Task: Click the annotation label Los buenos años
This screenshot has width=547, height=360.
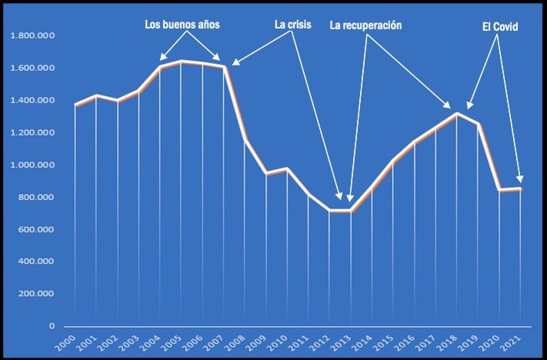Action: coord(182,25)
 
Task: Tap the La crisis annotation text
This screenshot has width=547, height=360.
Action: coord(293,25)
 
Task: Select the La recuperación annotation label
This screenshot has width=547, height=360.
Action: coord(365,25)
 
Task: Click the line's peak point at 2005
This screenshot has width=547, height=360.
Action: coord(182,62)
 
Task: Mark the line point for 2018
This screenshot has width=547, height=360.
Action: coord(457,114)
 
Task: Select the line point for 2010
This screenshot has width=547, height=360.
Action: coord(287,168)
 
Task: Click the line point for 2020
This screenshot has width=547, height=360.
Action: coord(499,190)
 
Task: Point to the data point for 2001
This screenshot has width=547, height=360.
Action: coord(96,96)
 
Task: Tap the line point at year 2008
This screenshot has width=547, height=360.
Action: coord(245,140)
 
